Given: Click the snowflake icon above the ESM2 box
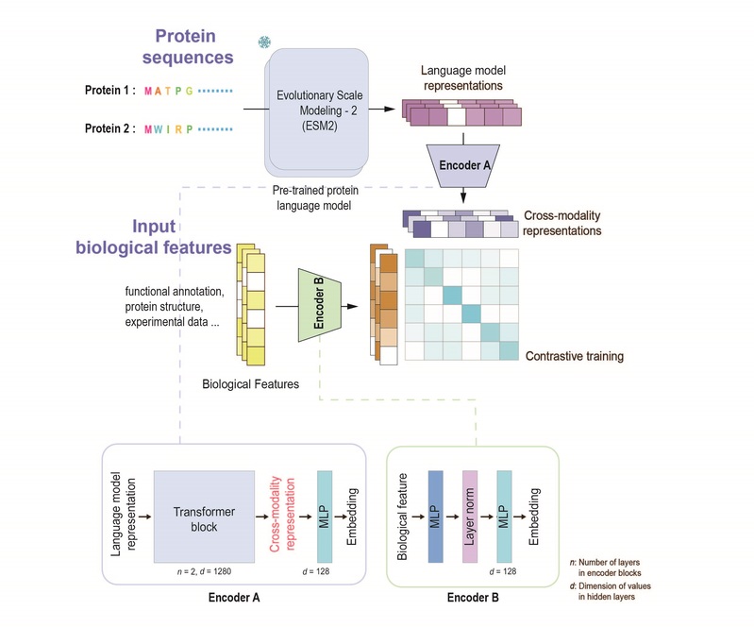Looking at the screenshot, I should coord(264,43).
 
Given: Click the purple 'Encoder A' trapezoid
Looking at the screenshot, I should coord(463,162).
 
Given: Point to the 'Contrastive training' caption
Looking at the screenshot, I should coord(576,357).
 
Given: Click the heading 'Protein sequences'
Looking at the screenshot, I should coord(188,46).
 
